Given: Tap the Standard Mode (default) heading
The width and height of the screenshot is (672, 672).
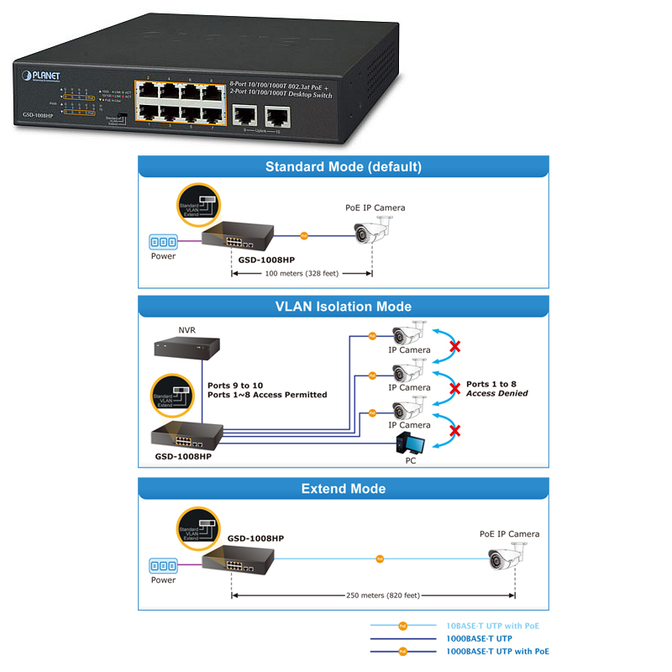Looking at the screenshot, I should [x=343, y=166].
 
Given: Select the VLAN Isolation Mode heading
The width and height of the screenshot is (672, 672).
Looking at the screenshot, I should [x=343, y=307].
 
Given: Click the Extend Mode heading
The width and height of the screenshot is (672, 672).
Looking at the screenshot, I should [x=343, y=488].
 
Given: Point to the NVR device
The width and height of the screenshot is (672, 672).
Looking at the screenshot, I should [x=186, y=347].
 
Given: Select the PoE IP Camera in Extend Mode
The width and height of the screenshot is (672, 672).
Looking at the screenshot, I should [x=509, y=558].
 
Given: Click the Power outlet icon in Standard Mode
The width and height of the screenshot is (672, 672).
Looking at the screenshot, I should [x=163, y=242].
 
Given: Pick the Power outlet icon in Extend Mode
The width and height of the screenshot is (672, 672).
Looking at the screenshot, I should [x=163, y=566].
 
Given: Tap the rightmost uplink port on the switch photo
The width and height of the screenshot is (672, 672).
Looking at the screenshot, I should [x=276, y=115].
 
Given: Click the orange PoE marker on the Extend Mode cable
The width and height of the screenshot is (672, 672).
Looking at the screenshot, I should [x=380, y=558].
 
